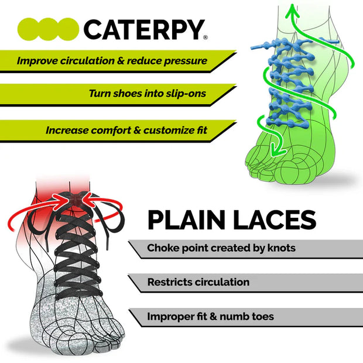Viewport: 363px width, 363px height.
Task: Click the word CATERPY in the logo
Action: click(143, 29)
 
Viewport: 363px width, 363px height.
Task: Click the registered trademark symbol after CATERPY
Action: click(205, 37)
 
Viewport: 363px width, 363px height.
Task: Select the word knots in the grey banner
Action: click(280, 248)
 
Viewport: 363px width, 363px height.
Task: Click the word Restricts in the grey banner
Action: click(170, 282)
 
